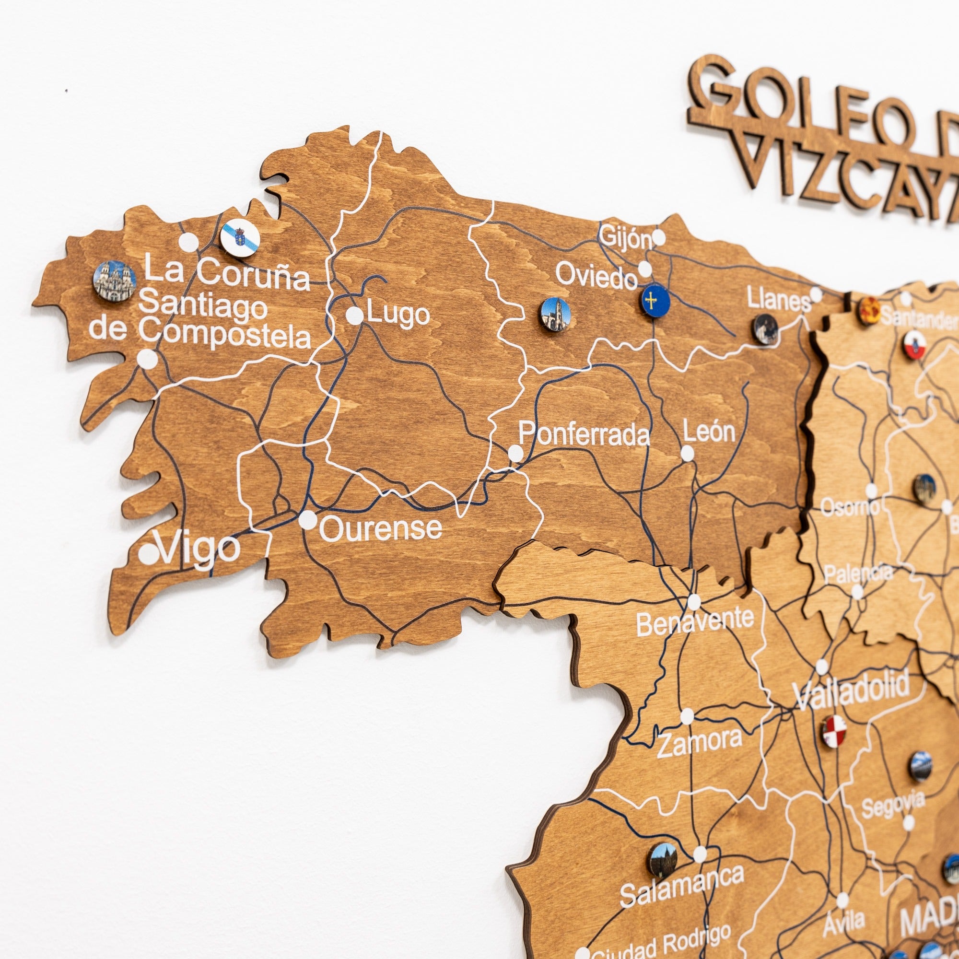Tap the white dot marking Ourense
(x=308, y=520)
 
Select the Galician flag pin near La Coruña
(x=240, y=238)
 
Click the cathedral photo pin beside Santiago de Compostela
(x=115, y=281)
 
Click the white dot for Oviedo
(x=645, y=269)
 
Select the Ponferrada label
(x=584, y=434)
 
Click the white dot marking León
(x=687, y=453)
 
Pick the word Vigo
(x=199, y=550)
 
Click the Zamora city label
(x=700, y=743)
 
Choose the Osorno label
(x=850, y=507)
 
